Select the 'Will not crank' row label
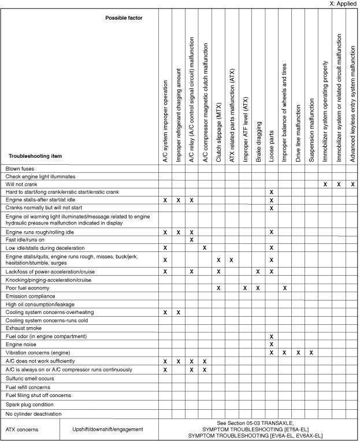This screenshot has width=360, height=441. tap(23, 184)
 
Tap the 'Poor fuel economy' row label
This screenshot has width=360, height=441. tap(27, 287)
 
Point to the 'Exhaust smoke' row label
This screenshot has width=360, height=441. tap(24, 328)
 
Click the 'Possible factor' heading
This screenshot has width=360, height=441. tap(124, 18)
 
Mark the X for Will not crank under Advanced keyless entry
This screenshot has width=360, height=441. tap(352, 184)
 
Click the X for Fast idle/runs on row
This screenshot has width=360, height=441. tap(191, 239)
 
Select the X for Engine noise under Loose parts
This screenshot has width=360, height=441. tap(271, 344)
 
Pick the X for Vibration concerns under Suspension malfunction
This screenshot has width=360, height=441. tap(311, 352)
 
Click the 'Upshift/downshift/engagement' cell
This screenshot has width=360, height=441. tap(109, 429)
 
